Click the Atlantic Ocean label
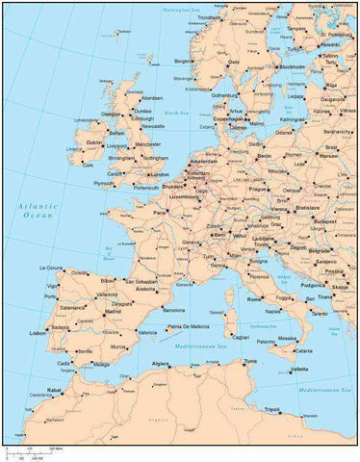click(x=37, y=212)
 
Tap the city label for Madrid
click(x=114, y=312)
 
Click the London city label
click(x=160, y=174)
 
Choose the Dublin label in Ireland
click(x=94, y=142)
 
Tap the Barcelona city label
click(x=174, y=311)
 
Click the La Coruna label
click(x=51, y=268)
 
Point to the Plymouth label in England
click(x=104, y=183)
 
